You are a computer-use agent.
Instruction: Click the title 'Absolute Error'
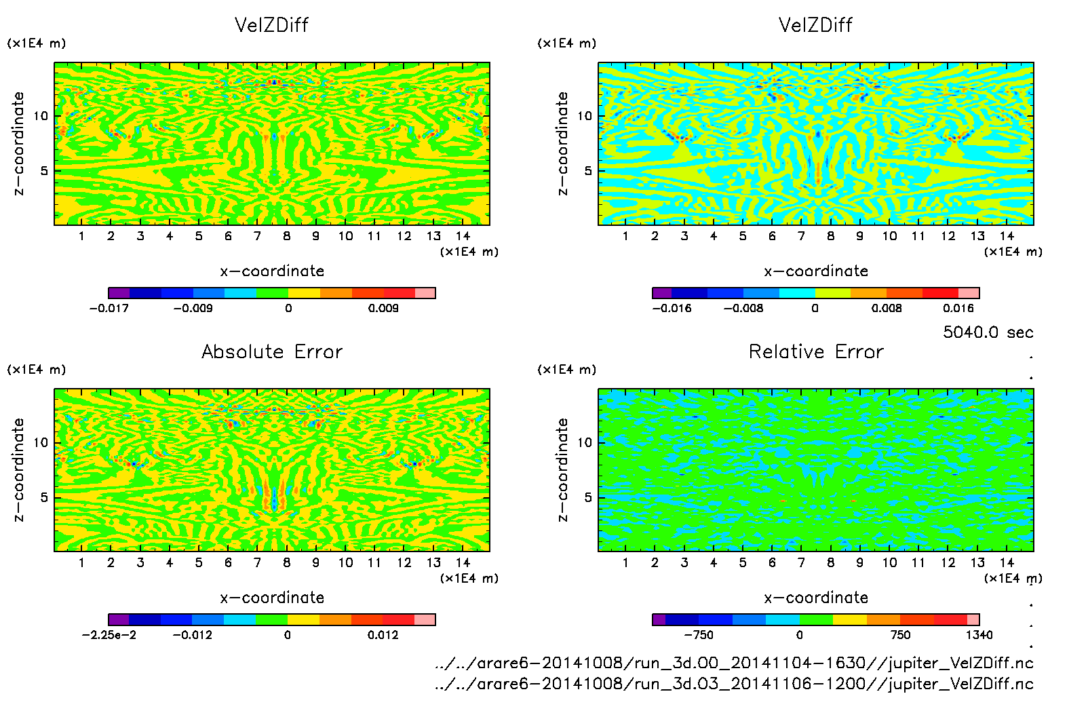pos(272,351)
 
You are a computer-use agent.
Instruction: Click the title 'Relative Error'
pos(816,351)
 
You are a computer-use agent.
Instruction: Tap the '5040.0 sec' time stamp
pos(988,332)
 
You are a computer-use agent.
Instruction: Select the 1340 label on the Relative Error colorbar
pos(979,635)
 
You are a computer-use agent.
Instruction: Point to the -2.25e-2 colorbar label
pos(109,635)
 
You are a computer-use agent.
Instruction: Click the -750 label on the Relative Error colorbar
pos(698,635)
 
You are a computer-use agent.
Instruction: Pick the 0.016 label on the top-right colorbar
pos(958,308)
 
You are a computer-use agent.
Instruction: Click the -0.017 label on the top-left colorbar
pos(109,308)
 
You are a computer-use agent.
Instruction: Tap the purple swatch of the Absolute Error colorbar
pos(118,619)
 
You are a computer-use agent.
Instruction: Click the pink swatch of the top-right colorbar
pos(969,293)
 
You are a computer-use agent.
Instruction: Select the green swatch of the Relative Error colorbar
pos(816,619)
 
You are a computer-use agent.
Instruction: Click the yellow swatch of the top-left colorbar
pos(304,293)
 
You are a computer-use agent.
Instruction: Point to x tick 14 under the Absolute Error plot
pos(463,562)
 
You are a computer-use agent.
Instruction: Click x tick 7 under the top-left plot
pos(257,236)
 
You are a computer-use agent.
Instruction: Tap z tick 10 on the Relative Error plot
pos(584,442)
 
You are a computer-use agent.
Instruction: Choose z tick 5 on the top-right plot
pos(587,171)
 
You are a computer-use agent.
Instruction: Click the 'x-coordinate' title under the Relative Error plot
pos(816,598)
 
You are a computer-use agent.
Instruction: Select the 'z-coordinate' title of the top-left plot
pos(19,144)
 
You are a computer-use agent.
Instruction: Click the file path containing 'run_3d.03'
pos(734,684)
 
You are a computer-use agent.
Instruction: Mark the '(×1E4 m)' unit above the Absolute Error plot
pos(37,370)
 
